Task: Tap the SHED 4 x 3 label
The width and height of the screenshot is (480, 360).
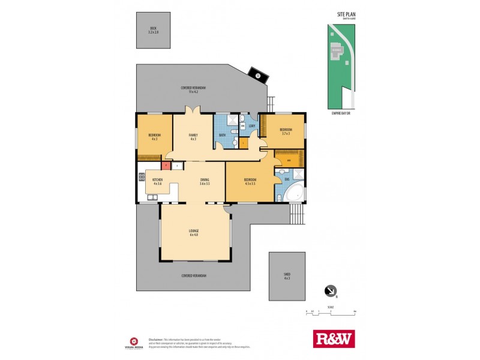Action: point(287,277)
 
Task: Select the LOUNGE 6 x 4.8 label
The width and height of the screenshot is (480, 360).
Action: point(194,232)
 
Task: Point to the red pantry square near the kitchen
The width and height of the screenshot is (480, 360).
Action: point(164,165)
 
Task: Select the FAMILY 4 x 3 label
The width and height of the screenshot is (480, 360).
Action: point(193,137)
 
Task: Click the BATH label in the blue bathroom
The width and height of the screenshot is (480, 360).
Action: point(221,136)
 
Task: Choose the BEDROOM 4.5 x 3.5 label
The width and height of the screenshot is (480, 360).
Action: point(250,181)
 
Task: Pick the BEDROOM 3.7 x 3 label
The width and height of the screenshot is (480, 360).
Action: point(285,131)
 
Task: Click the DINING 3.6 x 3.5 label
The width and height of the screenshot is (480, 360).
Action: point(204,182)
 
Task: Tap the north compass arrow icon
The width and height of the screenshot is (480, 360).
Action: point(330,290)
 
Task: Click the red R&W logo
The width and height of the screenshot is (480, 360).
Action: point(334,338)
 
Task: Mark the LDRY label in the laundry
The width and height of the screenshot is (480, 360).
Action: point(252,125)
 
